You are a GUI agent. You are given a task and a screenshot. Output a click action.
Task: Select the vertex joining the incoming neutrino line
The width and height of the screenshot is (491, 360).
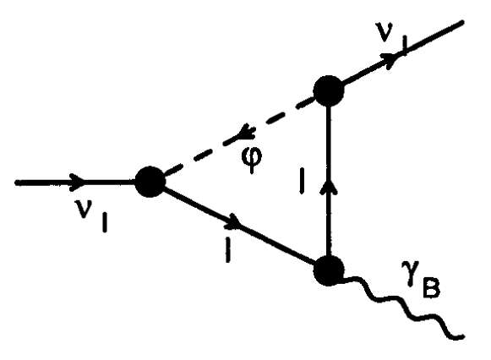(150, 180)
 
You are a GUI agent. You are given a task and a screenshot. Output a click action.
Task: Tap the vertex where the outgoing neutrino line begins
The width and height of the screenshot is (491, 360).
(327, 89)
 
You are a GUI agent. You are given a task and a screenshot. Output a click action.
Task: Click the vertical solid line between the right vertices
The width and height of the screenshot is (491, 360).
(327, 220)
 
